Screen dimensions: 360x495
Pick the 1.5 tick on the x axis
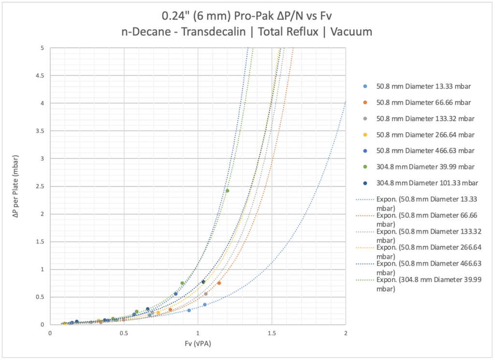272,333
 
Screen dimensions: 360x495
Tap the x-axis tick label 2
345,333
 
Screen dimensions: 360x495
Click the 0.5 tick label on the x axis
124,333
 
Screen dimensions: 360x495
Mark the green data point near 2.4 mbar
227,191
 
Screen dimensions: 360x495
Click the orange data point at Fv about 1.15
219,283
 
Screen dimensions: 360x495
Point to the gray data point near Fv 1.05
205,294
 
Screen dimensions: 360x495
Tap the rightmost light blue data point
205,304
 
